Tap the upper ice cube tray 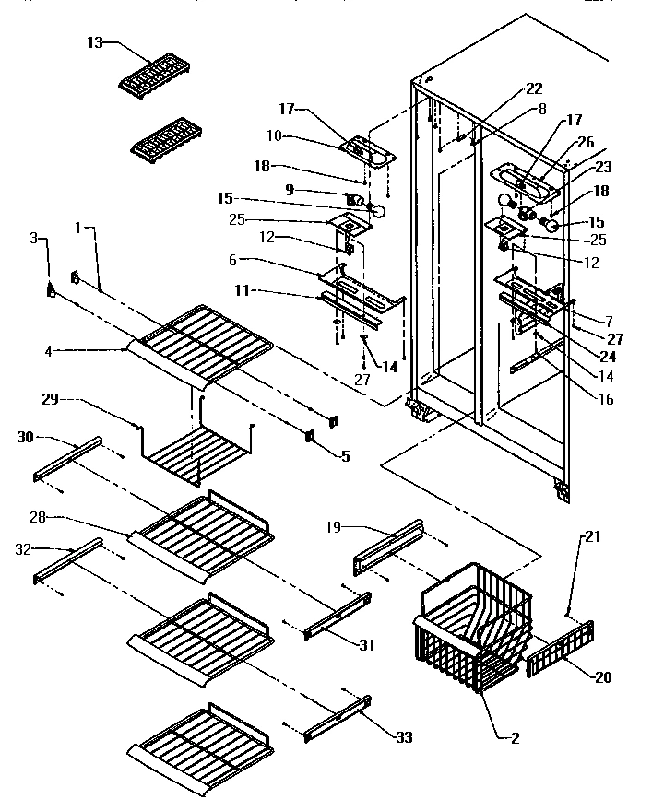click(x=154, y=75)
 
